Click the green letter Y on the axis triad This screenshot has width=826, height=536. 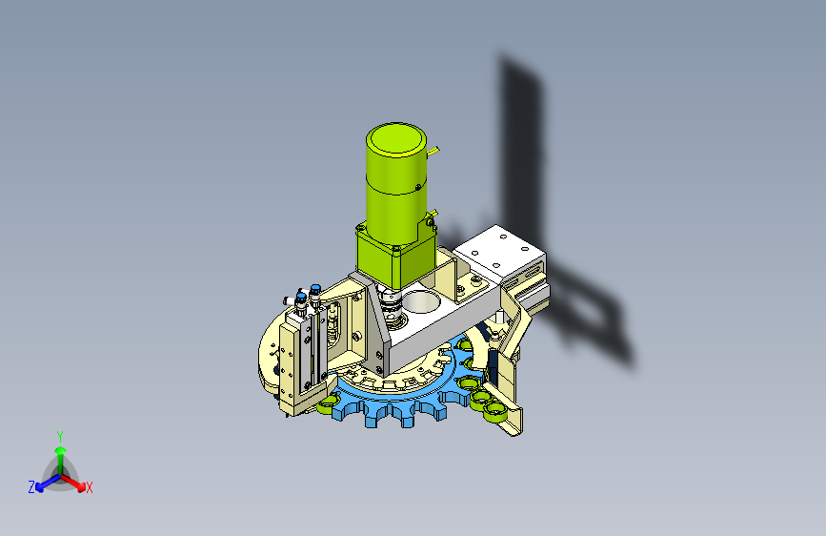[x=60, y=436]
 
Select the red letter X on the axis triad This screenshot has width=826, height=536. [x=89, y=487]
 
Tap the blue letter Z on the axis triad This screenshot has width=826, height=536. [x=31, y=487]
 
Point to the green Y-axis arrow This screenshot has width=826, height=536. [x=61, y=461]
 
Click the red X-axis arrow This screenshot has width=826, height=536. [x=72, y=483]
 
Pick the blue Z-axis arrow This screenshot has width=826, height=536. [x=49, y=483]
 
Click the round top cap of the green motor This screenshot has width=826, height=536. [x=396, y=140]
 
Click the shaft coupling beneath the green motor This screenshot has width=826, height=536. [x=392, y=306]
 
